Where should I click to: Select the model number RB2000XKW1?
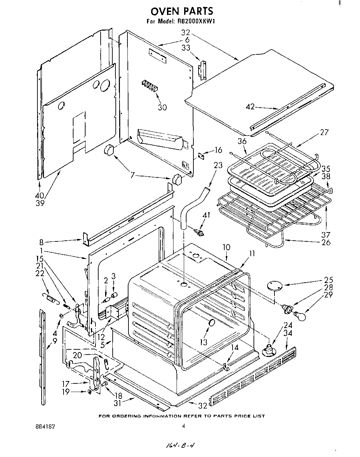[x=196, y=22]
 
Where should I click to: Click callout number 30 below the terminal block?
[x=162, y=107]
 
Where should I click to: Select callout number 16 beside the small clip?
[x=218, y=150]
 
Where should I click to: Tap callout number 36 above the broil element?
[x=242, y=141]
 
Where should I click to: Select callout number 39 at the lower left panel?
[x=40, y=203]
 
